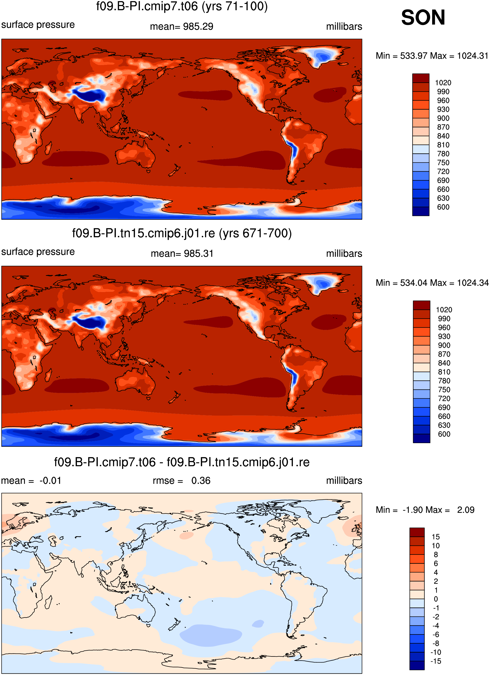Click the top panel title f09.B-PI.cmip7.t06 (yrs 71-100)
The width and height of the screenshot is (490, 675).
[x=182, y=6]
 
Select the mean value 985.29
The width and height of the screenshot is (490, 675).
[x=198, y=26]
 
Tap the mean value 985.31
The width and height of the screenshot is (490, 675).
[x=198, y=254]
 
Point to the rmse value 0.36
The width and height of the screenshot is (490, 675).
[x=201, y=481]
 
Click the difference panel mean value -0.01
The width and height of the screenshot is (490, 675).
[x=50, y=481]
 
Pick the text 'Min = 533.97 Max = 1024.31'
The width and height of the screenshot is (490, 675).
[x=432, y=56]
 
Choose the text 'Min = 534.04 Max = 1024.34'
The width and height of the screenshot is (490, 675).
[x=432, y=283]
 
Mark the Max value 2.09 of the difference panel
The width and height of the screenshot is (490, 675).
[x=466, y=510]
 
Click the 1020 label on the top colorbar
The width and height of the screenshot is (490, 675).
[x=443, y=83]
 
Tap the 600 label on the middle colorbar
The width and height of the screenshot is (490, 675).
[x=444, y=434]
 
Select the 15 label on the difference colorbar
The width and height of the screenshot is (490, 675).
[x=436, y=537]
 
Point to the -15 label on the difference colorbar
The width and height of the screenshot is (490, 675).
[x=435, y=661]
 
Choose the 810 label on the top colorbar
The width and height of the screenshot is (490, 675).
[x=443, y=145]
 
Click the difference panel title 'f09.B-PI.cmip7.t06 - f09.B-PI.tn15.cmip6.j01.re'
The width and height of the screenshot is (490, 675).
[x=182, y=462]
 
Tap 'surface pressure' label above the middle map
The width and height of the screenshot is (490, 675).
[x=38, y=252]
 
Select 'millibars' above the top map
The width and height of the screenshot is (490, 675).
[x=344, y=26]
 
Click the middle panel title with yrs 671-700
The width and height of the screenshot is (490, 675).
[x=182, y=233]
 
